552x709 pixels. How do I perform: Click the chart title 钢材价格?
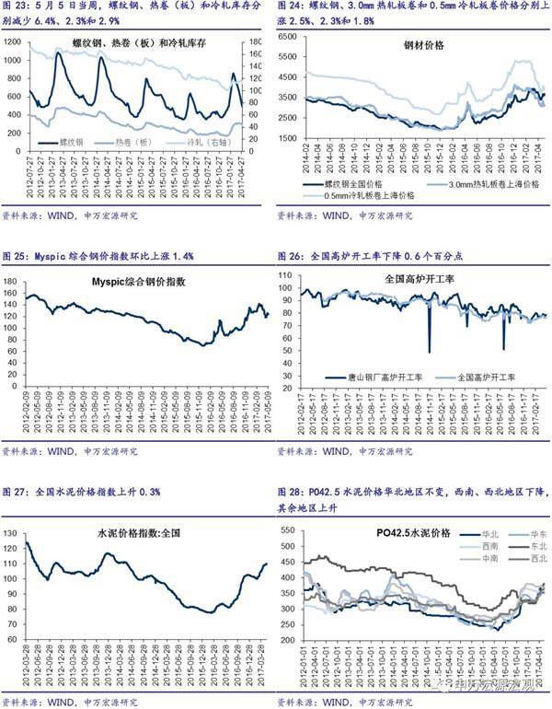coord(424,45)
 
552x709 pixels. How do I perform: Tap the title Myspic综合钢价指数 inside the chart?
coord(139,282)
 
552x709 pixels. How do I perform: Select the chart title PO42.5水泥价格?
coord(414,534)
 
